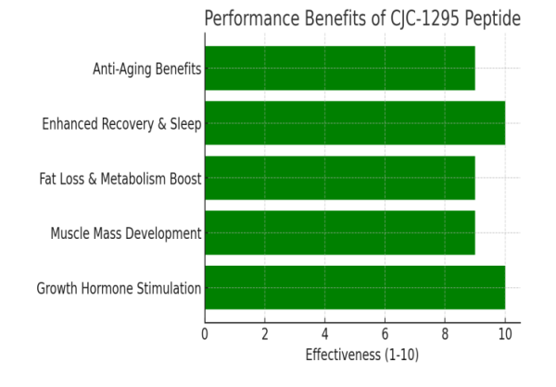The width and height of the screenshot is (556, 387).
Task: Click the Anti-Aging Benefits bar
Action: (339, 69)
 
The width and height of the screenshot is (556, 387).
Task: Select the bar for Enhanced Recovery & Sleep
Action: (355, 123)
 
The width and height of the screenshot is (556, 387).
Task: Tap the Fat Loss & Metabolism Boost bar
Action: (339, 178)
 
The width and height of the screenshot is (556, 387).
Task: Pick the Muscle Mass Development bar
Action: (339, 232)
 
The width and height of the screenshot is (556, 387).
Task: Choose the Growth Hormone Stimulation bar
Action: (355, 287)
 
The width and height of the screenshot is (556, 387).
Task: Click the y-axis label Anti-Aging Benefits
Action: (146, 69)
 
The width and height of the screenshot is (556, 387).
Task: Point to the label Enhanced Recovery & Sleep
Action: (121, 123)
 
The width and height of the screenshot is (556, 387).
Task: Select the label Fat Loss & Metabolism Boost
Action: (120, 178)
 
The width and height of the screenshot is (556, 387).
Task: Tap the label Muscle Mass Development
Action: (126, 233)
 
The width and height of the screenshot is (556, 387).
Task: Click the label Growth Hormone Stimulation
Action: (119, 288)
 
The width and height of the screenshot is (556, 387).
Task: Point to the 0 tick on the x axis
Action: (205, 333)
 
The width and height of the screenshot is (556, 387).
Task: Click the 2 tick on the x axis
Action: (265, 333)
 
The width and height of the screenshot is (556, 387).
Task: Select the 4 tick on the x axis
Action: (325, 333)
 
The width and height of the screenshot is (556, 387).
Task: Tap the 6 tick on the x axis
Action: (385, 333)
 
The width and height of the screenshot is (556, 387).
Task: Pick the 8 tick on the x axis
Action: (445, 333)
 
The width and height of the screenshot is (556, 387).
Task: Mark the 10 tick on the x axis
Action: (505, 333)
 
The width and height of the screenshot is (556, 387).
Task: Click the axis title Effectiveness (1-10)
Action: (360, 354)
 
